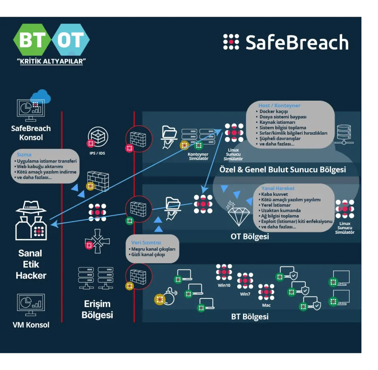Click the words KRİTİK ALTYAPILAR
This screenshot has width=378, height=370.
click(51, 61)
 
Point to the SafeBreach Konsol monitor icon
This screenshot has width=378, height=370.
click(31, 110)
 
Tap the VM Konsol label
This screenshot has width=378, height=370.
click(31, 325)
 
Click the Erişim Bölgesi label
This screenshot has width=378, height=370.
click(97, 309)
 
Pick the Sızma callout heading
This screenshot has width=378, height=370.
click(24, 154)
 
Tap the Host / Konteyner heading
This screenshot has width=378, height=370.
click(279, 106)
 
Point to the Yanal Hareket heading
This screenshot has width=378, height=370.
click(278, 188)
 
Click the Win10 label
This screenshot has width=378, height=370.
click(224, 285)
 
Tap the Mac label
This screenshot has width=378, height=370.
click(266, 305)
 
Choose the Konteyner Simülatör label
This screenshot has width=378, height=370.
click(198, 156)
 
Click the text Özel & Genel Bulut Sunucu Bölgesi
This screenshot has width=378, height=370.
click(282, 169)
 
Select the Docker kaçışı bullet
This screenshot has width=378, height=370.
click(274, 111)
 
